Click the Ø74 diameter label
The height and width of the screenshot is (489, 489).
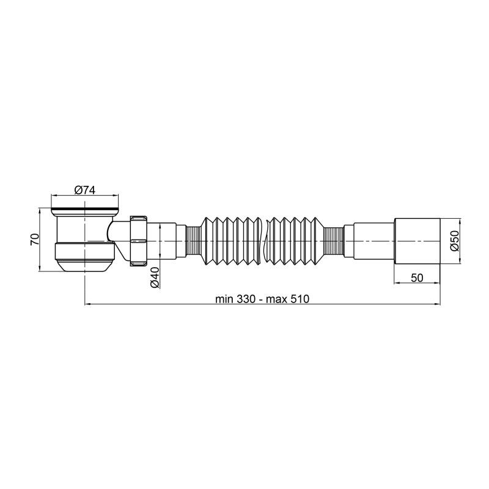point(84,190)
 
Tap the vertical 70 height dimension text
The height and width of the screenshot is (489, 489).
point(35,239)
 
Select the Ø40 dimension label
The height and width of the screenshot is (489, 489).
point(154,278)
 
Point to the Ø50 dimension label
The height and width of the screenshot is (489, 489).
point(454,241)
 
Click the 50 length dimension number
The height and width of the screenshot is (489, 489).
point(417,278)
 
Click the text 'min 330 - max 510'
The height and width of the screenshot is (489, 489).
point(263,299)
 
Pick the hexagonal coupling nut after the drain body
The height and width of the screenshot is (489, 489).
point(139,239)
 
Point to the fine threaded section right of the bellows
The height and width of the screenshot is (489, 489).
point(334,241)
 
